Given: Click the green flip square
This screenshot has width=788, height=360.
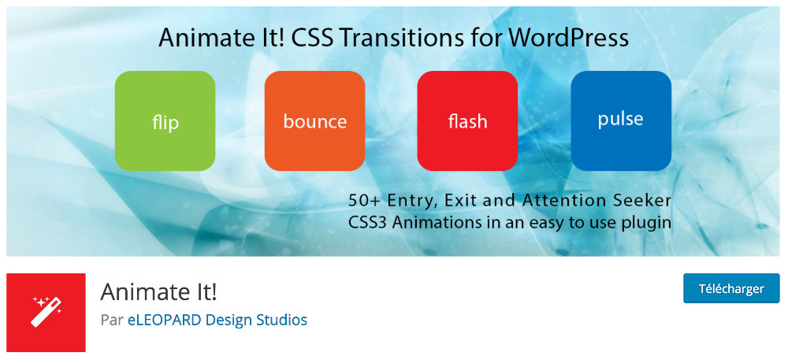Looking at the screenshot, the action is [x=165, y=121].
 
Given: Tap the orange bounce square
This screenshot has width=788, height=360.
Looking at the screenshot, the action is [x=314, y=121].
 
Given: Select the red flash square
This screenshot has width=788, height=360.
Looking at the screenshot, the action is [x=467, y=121].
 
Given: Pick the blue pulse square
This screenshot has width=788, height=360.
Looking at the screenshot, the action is [x=621, y=121].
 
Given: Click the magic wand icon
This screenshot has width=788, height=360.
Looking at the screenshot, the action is [x=46, y=312].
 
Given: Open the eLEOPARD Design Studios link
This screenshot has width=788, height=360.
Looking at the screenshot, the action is [x=217, y=320].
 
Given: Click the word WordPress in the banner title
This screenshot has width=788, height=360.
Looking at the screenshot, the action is [x=568, y=38].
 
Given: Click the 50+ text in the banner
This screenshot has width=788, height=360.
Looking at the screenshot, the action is [x=364, y=200].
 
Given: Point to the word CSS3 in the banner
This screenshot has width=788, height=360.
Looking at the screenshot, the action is [x=367, y=222].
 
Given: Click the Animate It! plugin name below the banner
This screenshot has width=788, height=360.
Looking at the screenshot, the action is [x=159, y=292].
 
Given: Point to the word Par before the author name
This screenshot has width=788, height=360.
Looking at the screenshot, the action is [x=112, y=320].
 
